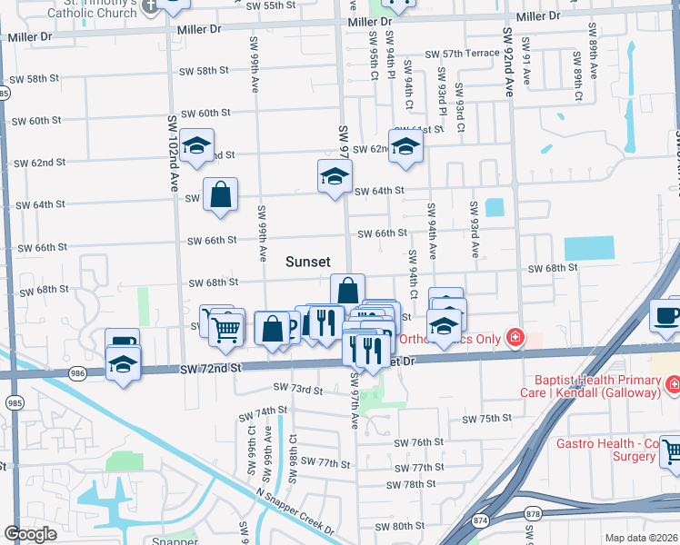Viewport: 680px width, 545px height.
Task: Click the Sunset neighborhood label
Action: pyautogui.click(x=308, y=262)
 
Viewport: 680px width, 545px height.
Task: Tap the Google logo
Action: pyautogui.click(x=30, y=534)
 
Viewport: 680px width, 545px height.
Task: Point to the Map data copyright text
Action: pyautogui.click(x=642, y=538)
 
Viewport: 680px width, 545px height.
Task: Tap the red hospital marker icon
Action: pyautogui.click(x=515, y=338)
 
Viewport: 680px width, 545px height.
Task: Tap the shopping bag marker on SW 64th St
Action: pyautogui.click(x=220, y=194)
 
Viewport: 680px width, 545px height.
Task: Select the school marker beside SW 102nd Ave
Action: pyautogui.click(x=195, y=147)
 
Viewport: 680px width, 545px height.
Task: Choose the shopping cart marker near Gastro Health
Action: pyautogui.click(x=673, y=451)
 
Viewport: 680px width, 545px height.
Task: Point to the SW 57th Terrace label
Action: pyautogui.click(x=467, y=53)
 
